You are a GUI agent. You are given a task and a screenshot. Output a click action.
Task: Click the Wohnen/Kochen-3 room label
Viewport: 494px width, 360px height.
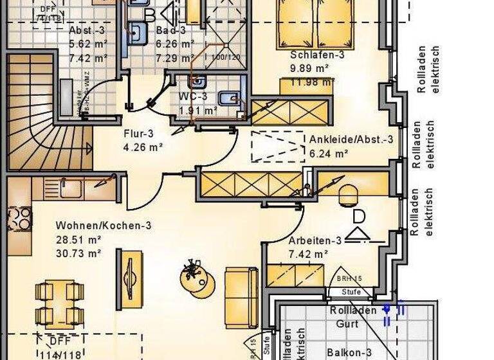(104, 226)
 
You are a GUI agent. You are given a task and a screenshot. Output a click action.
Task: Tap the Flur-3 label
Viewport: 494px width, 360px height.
(137, 134)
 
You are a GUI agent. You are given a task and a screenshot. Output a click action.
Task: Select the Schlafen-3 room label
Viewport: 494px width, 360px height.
(317, 55)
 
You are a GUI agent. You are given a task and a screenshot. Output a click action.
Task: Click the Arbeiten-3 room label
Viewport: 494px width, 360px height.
(315, 241)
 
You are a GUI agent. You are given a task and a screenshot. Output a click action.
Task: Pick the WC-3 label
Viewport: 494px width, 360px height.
(192, 97)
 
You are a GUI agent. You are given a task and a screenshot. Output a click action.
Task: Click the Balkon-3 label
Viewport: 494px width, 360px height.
(349, 352)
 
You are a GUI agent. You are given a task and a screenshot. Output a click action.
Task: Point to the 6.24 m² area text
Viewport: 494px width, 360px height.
(329, 153)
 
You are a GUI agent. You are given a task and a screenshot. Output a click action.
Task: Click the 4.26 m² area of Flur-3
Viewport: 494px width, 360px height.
(143, 147)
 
